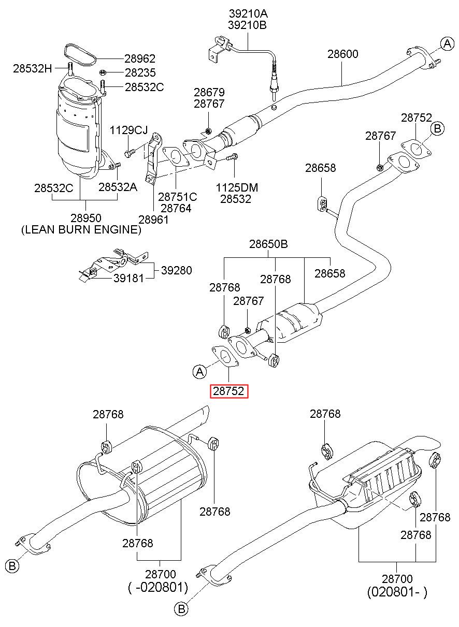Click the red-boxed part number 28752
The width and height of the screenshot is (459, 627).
point(228,391)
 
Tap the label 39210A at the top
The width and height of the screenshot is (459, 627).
point(248,13)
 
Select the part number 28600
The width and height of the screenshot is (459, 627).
point(343,54)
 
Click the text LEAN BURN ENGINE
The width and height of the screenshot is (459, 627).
point(81,229)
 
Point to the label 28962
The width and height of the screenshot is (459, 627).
point(140,59)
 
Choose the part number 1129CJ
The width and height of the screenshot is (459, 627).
point(128,130)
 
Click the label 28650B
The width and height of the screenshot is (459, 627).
point(268,244)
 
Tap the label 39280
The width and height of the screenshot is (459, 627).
point(177,270)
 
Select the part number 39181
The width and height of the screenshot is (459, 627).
point(128,278)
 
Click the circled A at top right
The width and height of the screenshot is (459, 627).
point(447,43)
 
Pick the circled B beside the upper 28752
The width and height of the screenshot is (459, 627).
point(437,128)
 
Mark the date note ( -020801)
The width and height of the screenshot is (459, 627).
point(158,587)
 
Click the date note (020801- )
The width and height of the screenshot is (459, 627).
point(397,592)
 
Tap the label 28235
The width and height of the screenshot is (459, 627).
point(140,73)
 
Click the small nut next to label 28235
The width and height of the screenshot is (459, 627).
point(103,73)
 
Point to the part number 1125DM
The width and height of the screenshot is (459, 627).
point(237,187)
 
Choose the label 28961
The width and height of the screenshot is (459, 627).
point(153,220)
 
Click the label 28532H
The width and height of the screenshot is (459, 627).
point(33,68)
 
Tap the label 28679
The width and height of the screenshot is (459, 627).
point(209,92)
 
